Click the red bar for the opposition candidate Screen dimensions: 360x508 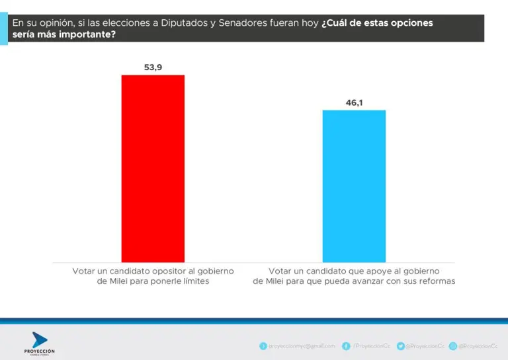pyautogui.click(x=153, y=168)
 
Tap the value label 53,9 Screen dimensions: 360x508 pyautogui.click(x=153, y=67)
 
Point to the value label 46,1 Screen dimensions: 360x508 pyautogui.click(x=354, y=103)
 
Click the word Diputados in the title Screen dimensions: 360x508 pyautogui.click(x=181, y=23)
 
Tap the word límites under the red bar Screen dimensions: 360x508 pyautogui.click(x=192, y=281)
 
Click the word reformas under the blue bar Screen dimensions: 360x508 pyautogui.click(x=436, y=281)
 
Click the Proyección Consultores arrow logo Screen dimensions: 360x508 pyautogui.click(x=39, y=339)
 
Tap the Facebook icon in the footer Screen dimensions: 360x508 pyautogui.click(x=347, y=345)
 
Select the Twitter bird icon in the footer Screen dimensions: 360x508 pyautogui.click(x=400, y=345)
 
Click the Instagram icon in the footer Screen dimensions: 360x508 pyautogui.click(x=453, y=345)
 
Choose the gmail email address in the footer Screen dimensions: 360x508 pyautogui.click(x=302, y=345)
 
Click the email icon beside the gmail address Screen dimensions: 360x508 pyautogui.click(x=263, y=345)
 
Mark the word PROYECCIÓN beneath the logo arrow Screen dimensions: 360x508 pyautogui.click(x=39, y=351)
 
